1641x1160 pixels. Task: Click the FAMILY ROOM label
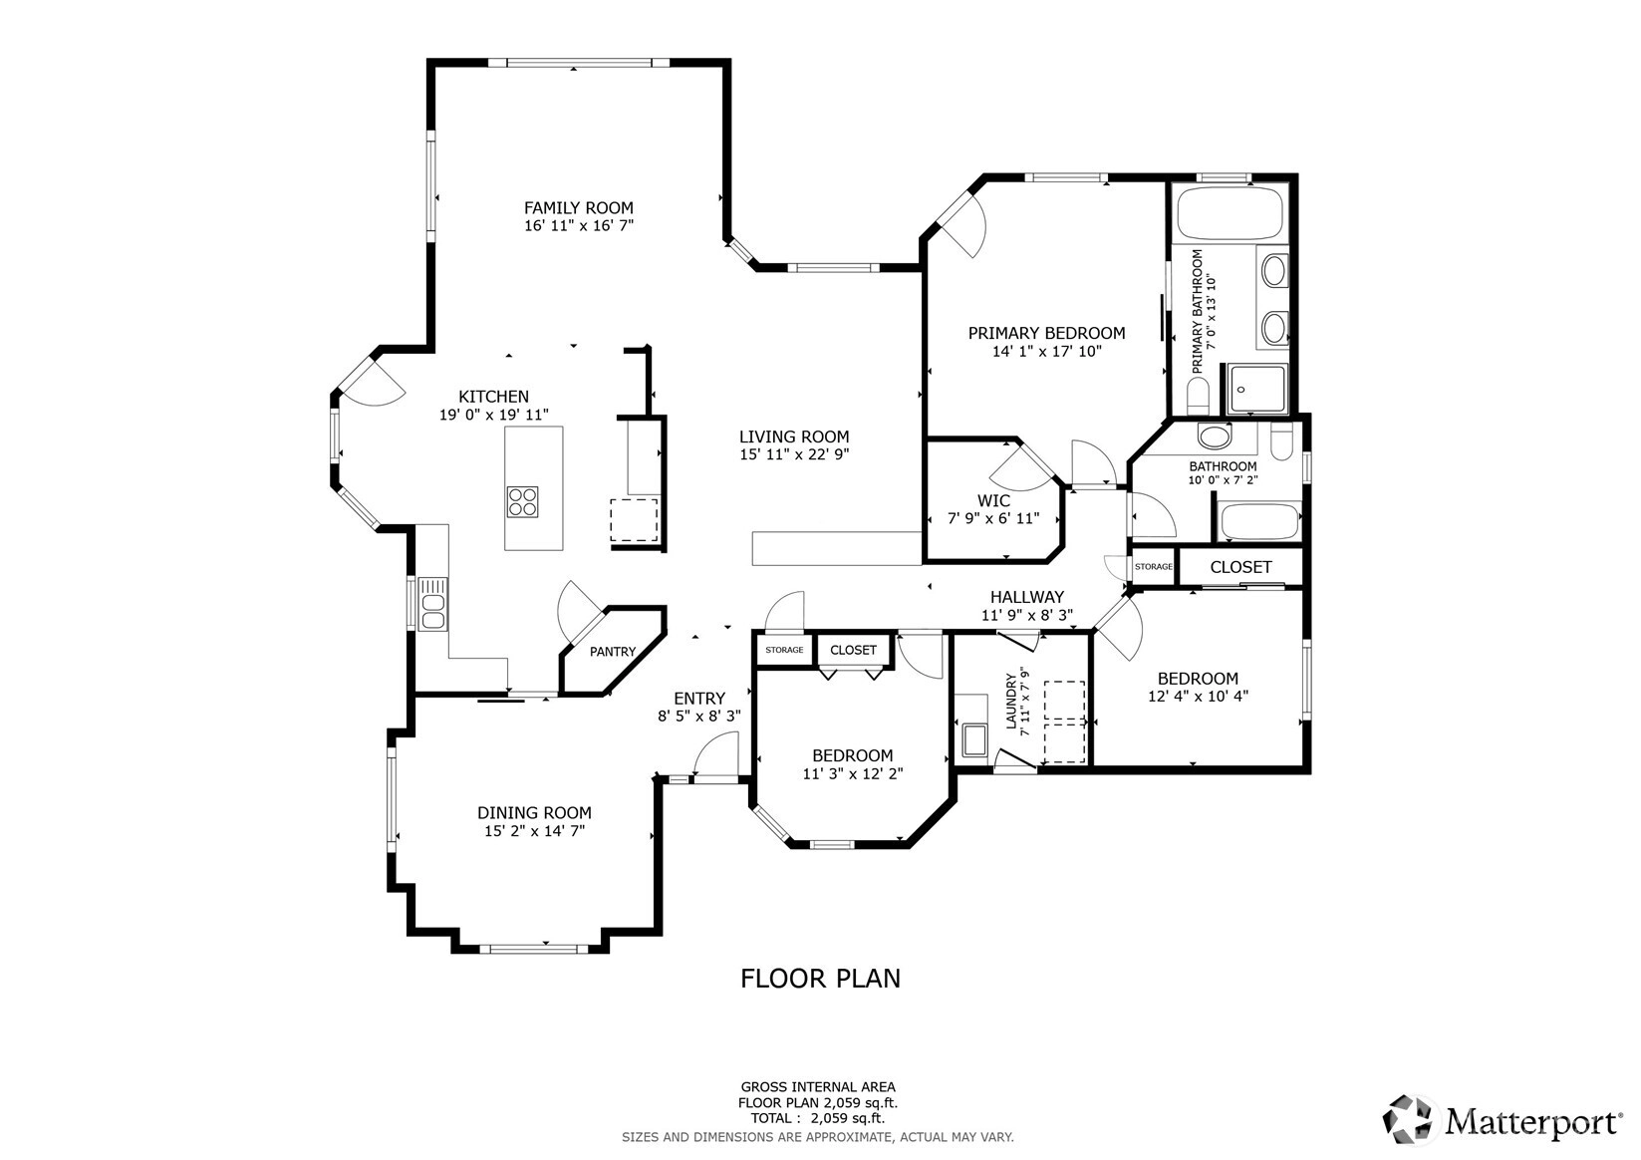point(578,208)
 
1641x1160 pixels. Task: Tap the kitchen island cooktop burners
point(522,502)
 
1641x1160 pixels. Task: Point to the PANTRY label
point(613,652)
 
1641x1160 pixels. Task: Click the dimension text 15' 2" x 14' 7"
point(534,831)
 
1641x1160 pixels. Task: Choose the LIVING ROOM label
point(794,436)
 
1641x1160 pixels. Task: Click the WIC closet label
point(993,501)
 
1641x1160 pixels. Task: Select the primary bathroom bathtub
point(1231,213)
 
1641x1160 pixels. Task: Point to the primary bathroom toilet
point(1197,398)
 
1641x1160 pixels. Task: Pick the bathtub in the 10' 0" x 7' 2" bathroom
point(1260,521)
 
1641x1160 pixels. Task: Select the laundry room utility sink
point(975,740)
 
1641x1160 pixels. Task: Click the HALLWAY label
point(1027,597)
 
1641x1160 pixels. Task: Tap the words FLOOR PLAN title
point(821,979)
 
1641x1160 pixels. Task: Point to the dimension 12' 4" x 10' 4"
point(1198,697)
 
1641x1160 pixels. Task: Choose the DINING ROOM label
point(534,812)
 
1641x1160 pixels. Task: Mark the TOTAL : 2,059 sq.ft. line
point(818,1118)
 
